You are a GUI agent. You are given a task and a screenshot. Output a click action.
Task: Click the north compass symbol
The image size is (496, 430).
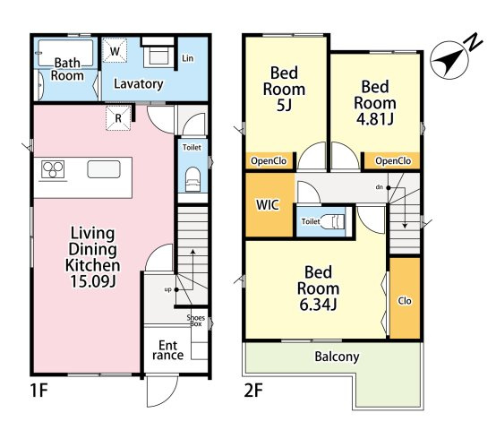pyautogui.click(x=449, y=60)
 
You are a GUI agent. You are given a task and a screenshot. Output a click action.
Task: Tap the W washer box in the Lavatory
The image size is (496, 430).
pyautogui.click(x=115, y=51)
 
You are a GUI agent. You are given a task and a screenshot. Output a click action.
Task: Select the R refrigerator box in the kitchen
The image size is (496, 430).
pyautogui.click(x=118, y=118)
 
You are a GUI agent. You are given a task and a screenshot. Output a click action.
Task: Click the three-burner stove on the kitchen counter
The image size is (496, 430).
pyautogui.click(x=53, y=169)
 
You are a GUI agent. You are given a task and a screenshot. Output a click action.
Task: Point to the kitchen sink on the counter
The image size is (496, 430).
pyautogui.click(x=104, y=169)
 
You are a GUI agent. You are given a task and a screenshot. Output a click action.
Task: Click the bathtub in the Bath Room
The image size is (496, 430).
pyautogui.click(x=65, y=53)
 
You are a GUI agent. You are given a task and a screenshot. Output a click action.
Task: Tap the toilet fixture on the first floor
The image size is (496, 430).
pyautogui.click(x=192, y=179)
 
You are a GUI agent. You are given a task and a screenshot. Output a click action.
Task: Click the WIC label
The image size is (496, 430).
pyautogui.click(x=268, y=205)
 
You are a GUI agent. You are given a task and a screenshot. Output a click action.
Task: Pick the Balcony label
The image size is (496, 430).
pyautogui.click(x=337, y=357)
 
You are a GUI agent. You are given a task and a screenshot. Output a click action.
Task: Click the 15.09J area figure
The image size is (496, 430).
pyautogui.click(x=93, y=281)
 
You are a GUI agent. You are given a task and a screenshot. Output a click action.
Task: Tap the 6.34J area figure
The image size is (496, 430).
pyautogui.click(x=318, y=305)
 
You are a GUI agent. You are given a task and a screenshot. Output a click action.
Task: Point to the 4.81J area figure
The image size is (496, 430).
pyautogui.click(x=375, y=119)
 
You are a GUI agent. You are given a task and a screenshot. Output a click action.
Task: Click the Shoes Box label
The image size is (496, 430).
pyautogui.click(x=196, y=321)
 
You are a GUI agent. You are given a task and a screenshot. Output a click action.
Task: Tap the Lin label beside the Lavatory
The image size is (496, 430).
pyautogui.click(x=188, y=58)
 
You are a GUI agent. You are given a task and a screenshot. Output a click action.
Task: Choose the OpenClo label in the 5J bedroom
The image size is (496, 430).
pyautogui.click(x=269, y=161)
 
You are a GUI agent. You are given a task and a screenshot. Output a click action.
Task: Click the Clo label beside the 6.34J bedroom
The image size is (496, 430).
pyautogui.click(x=405, y=301)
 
